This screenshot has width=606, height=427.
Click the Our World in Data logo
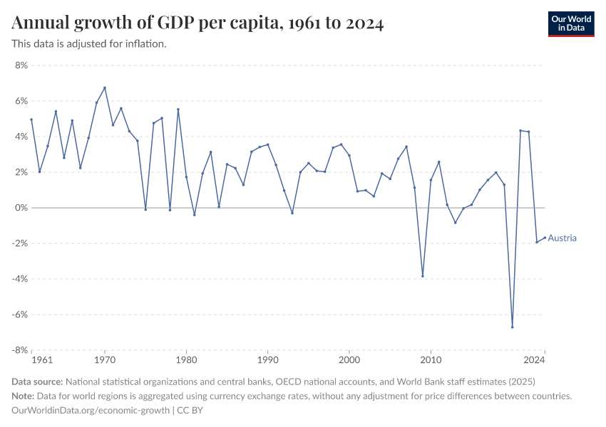tap(571, 23)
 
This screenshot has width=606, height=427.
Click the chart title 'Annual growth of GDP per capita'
tap(198, 23)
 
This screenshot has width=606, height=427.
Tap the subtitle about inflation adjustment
tap(89, 43)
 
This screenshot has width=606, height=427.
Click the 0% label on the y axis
tap(20, 208)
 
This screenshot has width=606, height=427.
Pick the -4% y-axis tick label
tap(19, 279)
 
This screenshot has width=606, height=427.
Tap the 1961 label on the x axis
tap(43, 360)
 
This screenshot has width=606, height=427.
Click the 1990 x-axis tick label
tap(268, 360)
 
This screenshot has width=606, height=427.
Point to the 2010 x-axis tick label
tap(431, 360)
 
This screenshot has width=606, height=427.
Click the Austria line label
tap(562, 238)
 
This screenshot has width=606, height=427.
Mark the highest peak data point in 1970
tap(105, 88)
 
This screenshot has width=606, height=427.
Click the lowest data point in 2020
tap(512, 327)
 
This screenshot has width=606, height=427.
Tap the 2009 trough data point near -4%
tap(423, 276)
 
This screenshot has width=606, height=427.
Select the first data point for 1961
tap(31, 120)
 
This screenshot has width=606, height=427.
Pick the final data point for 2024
tap(545, 238)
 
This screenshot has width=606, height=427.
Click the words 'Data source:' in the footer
tap(37, 381)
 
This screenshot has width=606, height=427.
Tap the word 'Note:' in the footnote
tap(25, 396)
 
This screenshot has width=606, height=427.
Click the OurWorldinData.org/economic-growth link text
tap(91, 410)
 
